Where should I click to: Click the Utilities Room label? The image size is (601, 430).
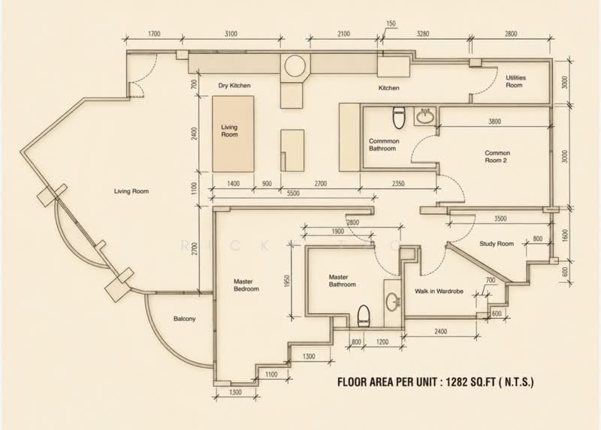pyautogui.click(x=515, y=81)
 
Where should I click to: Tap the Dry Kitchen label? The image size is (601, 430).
pyautogui.click(x=234, y=86)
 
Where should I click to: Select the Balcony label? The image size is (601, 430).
pyautogui.click(x=184, y=319)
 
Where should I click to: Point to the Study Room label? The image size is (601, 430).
pyautogui.click(x=497, y=244)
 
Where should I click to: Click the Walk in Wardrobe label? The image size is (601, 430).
pyautogui.click(x=439, y=291)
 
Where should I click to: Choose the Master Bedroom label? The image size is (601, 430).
pyautogui.click(x=246, y=285)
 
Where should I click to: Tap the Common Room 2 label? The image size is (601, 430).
pyautogui.click(x=497, y=157)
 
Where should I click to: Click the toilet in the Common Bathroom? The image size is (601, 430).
pyautogui.click(x=399, y=118)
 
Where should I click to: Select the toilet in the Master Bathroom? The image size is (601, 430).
pyautogui.click(x=364, y=316)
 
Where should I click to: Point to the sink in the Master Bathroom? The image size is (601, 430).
pyautogui.click(x=392, y=302)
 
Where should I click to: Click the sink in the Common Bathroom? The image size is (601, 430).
pyautogui.click(x=424, y=116)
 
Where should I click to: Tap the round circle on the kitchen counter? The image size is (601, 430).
pyautogui.click(x=294, y=65)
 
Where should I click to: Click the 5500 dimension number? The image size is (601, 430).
pyautogui.click(x=293, y=194)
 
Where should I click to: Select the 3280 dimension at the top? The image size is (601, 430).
pyautogui.click(x=422, y=34)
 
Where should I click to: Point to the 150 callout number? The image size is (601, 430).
pyautogui.click(x=391, y=24)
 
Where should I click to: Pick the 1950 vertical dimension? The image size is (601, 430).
pyautogui.click(x=288, y=281)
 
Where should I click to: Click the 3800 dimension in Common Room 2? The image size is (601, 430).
pyautogui.click(x=494, y=122)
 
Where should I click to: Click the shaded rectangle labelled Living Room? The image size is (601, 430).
pyautogui.click(x=233, y=134)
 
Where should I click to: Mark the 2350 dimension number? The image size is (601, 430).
pyautogui.click(x=398, y=184)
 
